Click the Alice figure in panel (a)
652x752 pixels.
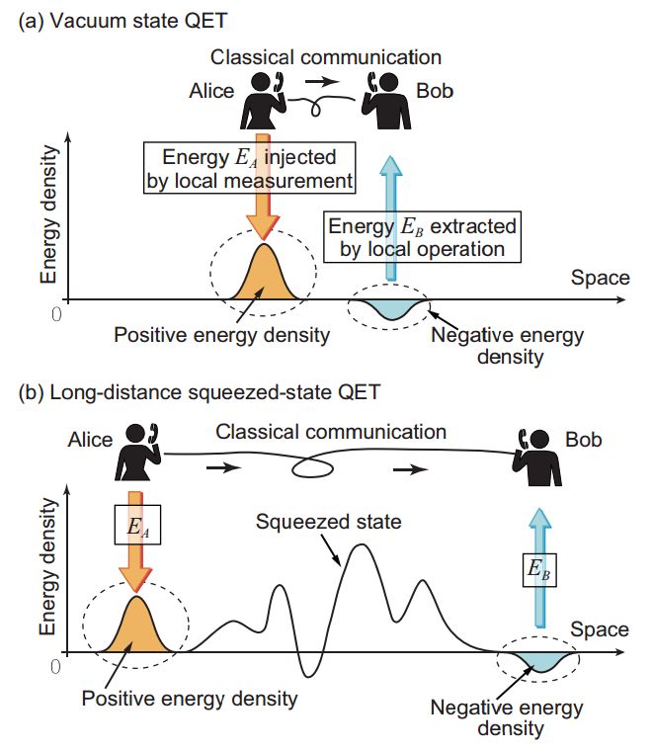tap(263, 101)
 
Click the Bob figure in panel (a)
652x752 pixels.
tap(386, 101)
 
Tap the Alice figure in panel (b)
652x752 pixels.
tap(137, 453)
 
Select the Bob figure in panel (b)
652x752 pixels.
tap(536, 458)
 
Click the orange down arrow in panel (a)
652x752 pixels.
tap(263, 187)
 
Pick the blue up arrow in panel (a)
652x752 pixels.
tap(391, 218)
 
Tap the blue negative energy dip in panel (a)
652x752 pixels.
tap(390, 309)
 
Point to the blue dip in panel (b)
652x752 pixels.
tap(540, 661)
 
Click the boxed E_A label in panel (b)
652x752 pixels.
tap(137, 525)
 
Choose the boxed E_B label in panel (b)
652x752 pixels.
tap(539, 570)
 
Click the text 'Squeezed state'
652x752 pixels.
tap(328, 522)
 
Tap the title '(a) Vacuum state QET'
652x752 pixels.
tap(122, 21)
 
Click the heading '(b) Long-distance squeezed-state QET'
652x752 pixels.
tap(199, 392)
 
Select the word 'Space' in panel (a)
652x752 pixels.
tap(600, 278)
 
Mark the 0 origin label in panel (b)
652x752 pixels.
tap(55, 667)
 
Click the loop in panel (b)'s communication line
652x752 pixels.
tap(312, 467)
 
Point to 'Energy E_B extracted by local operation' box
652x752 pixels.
tap(422, 237)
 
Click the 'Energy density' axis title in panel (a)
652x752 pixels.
tap(48, 214)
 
